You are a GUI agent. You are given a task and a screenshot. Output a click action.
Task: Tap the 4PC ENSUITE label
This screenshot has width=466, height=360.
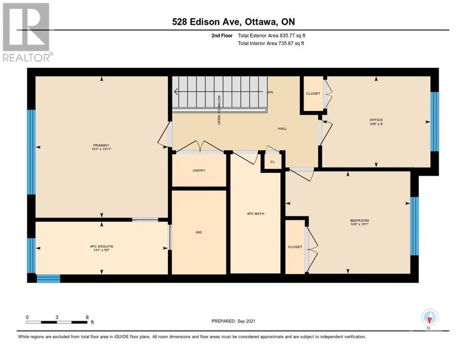(101, 246)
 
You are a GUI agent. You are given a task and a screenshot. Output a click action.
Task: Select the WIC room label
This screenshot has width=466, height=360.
(198, 232)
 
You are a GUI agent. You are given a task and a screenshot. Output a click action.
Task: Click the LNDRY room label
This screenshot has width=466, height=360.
(199, 170)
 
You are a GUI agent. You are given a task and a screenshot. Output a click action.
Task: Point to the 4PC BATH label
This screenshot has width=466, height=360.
(256, 214)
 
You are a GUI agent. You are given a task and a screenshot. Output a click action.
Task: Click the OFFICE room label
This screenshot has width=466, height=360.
(376, 120)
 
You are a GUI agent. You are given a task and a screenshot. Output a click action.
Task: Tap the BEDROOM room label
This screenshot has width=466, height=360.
(360, 220)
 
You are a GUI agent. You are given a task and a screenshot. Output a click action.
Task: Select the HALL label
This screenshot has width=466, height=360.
(282, 128)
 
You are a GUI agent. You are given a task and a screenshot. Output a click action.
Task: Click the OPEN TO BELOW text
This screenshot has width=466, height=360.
(219, 110)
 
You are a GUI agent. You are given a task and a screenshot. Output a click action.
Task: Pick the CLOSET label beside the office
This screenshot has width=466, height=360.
(313, 93)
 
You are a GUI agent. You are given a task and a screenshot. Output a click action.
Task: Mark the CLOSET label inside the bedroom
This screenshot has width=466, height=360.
(295, 247)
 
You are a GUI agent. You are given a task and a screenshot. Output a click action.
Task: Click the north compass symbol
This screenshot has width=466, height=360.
(429, 318)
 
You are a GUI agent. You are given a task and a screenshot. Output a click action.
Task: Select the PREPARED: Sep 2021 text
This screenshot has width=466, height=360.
(233, 321)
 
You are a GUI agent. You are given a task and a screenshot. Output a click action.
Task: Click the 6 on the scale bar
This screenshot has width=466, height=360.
(87, 317)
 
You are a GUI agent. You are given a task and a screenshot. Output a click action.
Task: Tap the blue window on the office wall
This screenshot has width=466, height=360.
(435, 121)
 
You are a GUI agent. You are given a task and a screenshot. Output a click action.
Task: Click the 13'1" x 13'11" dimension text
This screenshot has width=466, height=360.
(101, 149)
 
